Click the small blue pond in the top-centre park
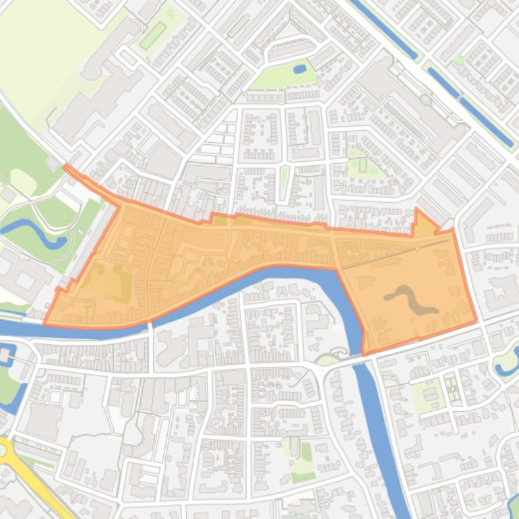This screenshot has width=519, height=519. (300, 69)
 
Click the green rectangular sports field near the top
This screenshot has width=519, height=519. (153, 35)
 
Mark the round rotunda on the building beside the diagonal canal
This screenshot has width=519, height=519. (426, 100)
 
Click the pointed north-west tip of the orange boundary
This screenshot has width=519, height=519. (65, 166)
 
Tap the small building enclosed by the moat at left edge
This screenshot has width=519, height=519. (5, 355)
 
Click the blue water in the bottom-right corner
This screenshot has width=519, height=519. (514, 506)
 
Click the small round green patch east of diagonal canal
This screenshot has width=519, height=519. (459, 60)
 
